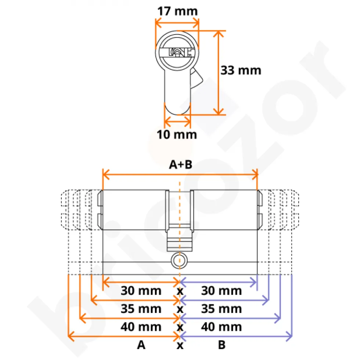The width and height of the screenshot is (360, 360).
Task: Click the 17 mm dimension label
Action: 177,11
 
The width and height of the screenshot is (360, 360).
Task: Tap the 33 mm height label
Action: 241,70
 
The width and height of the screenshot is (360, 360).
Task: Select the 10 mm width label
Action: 177,135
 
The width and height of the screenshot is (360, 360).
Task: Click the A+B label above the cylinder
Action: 180,165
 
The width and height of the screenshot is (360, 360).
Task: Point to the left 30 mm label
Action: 141,291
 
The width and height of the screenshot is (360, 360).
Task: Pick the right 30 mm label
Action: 222,291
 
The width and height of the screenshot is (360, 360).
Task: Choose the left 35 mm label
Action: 141,309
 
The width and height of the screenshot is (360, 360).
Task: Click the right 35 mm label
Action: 222,309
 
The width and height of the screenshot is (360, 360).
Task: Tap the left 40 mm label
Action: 141,327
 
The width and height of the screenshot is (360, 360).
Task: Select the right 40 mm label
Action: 222,327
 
